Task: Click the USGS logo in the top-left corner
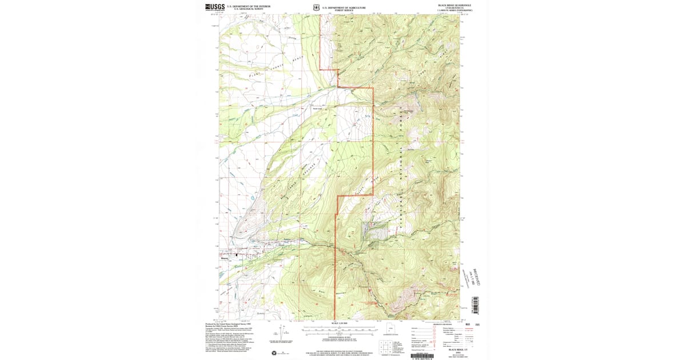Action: (215, 7)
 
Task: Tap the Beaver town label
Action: (224, 258)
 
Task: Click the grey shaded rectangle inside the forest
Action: (374, 230)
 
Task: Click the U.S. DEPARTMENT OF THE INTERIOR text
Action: (248, 6)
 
